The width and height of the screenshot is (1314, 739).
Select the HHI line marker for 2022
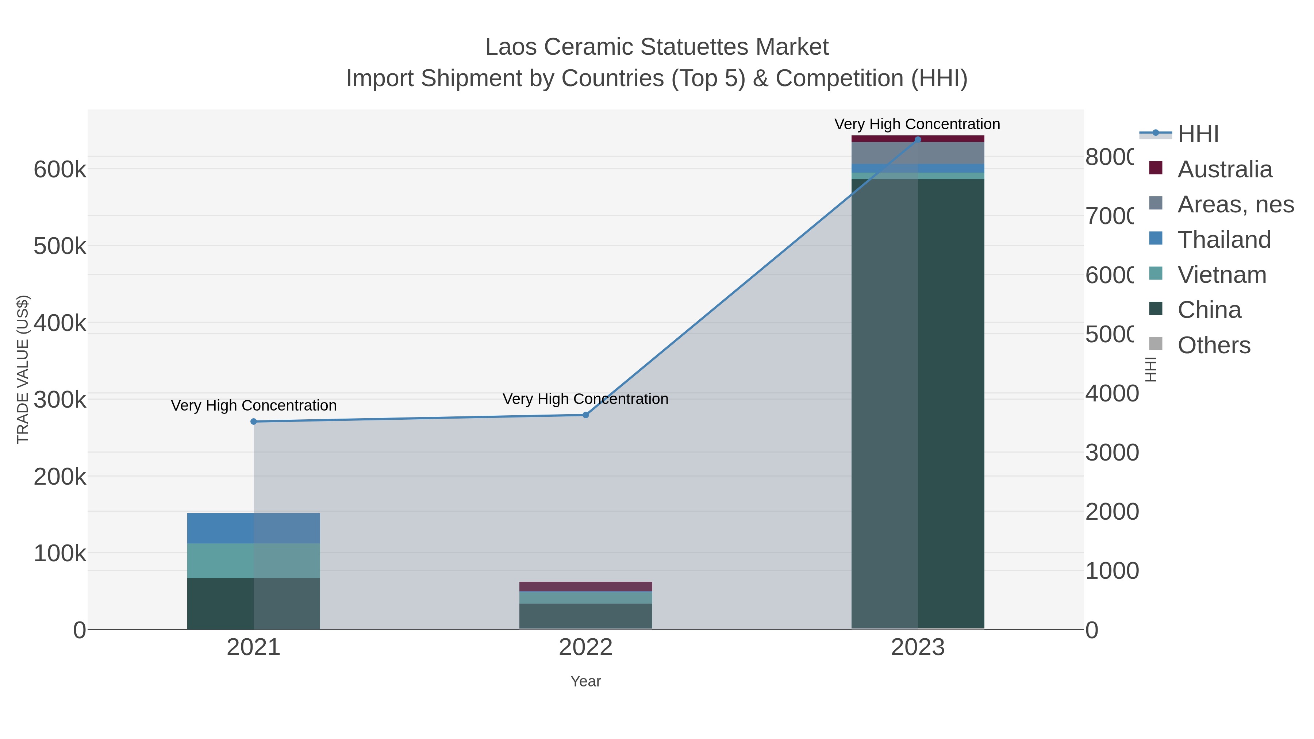pyautogui.click(x=585, y=415)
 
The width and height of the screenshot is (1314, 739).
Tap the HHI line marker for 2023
pyautogui.click(x=918, y=140)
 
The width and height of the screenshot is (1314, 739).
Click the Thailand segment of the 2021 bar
pyautogui.click(x=254, y=528)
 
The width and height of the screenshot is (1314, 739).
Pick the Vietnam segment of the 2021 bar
pyautogui.click(x=254, y=561)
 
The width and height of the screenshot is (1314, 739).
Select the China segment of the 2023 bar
pyautogui.click(x=918, y=403)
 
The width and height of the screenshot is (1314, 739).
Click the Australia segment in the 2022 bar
pyautogui.click(x=585, y=586)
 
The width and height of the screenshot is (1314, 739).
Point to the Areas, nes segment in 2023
pyautogui.click(x=918, y=153)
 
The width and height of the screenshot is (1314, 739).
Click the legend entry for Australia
pyautogui.click(x=1224, y=169)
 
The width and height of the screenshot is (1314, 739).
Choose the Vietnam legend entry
pyautogui.click(x=1222, y=275)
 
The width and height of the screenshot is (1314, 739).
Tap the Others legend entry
pyautogui.click(x=1214, y=345)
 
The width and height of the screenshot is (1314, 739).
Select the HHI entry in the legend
pyautogui.click(x=1198, y=134)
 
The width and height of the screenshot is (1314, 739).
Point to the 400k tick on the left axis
pyautogui.click(x=60, y=323)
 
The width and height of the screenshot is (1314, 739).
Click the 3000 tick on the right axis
pyautogui.click(x=1112, y=453)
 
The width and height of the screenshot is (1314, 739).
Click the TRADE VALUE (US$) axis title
pyautogui.click(x=23, y=369)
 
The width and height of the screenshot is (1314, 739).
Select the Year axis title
pyautogui.click(x=585, y=681)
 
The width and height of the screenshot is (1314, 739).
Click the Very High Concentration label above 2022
pyautogui.click(x=585, y=399)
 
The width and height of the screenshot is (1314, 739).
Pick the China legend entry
pyautogui.click(x=1209, y=310)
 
